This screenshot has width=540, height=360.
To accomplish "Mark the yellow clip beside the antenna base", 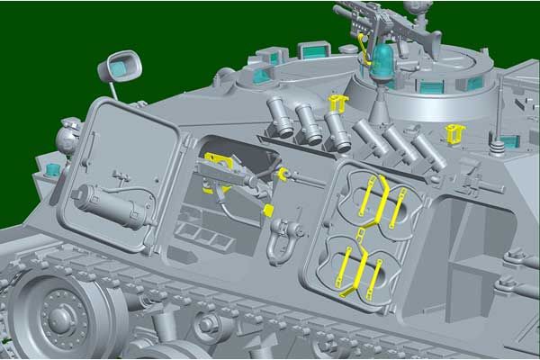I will click(455, 134).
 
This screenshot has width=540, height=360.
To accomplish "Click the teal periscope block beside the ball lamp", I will click(51, 168).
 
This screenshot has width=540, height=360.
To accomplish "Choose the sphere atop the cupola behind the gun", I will click(413, 9).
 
